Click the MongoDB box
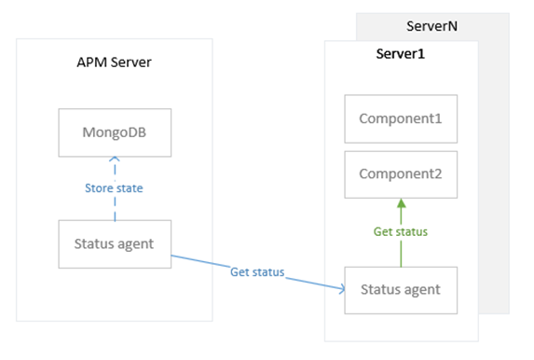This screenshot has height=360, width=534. pos(115,132)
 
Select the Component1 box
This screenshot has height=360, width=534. pos(401,118)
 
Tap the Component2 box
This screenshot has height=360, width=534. pos(401,174)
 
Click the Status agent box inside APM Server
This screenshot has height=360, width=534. pos(115,244)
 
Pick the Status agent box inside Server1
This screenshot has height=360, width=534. pos(401,290)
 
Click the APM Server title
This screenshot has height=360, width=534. pos(114,62)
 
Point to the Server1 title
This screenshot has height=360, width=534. pos(401,54)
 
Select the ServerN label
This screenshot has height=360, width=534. pos(431,26)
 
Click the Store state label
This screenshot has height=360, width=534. pos(114,188)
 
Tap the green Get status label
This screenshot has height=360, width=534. pos(401,232)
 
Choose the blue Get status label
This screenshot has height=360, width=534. pos(257,272)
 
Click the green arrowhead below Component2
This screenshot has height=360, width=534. pos(401,203)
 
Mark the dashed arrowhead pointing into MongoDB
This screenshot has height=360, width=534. pos(115,159)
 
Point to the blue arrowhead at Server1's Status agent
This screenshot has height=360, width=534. pos(342,289)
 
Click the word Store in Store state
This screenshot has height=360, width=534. pos(99,188)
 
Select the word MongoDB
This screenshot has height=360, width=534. pos(115,132)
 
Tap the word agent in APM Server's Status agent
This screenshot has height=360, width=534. pos(135,244)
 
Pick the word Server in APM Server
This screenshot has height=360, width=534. pos(131,62)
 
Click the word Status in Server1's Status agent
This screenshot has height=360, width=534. pos(380,290)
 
